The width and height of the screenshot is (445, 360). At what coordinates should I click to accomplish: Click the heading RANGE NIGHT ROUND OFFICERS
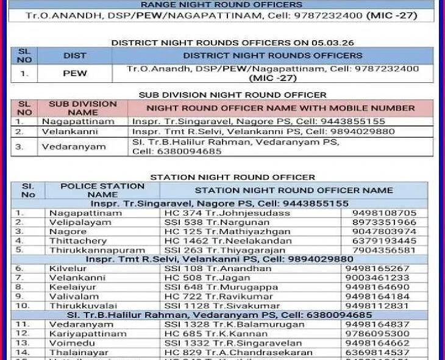[222, 4]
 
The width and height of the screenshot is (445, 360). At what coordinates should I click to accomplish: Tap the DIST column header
[75, 55]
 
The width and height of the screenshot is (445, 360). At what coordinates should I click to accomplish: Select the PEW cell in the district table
[75, 73]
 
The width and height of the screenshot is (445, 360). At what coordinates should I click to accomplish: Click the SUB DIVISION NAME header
[82, 108]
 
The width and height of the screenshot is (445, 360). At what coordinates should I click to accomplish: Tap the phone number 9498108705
[389, 213]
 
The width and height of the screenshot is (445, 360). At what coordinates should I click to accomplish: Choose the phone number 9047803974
[389, 231]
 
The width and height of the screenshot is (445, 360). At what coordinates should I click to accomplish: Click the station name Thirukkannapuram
[97, 250]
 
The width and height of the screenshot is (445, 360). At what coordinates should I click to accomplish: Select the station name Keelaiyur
[72, 287]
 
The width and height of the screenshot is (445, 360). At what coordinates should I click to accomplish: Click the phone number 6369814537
[380, 352]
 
